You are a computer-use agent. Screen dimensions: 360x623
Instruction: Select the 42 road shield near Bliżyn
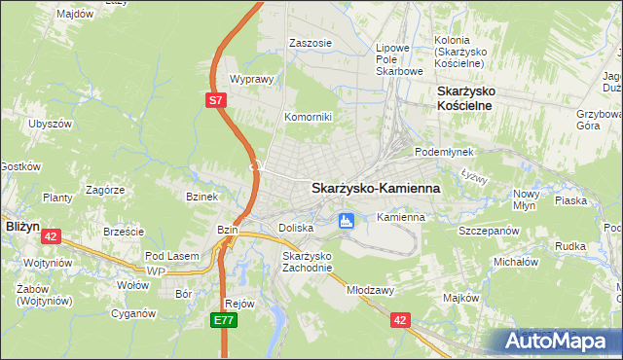(x=52, y=236)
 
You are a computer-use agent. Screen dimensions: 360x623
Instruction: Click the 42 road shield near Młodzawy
(x=401, y=318)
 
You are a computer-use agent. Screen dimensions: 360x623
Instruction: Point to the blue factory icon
(x=345, y=222)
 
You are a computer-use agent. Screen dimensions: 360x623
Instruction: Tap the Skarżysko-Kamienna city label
(x=376, y=189)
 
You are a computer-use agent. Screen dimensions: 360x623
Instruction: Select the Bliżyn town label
(x=21, y=226)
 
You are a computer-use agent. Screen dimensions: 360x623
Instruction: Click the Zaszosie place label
(x=311, y=44)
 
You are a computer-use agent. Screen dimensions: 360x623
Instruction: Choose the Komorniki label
(x=308, y=117)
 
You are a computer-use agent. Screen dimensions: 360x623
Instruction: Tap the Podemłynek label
(x=444, y=153)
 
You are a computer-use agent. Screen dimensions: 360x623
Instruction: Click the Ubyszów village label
(x=51, y=125)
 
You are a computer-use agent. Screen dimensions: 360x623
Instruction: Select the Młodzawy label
(x=369, y=290)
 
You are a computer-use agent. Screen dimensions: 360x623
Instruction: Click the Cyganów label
(x=133, y=313)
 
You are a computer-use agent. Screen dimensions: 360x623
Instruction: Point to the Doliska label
(x=296, y=228)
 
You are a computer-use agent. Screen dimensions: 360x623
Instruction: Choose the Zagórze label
(x=102, y=189)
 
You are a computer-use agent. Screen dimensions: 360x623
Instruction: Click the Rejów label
(x=239, y=303)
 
